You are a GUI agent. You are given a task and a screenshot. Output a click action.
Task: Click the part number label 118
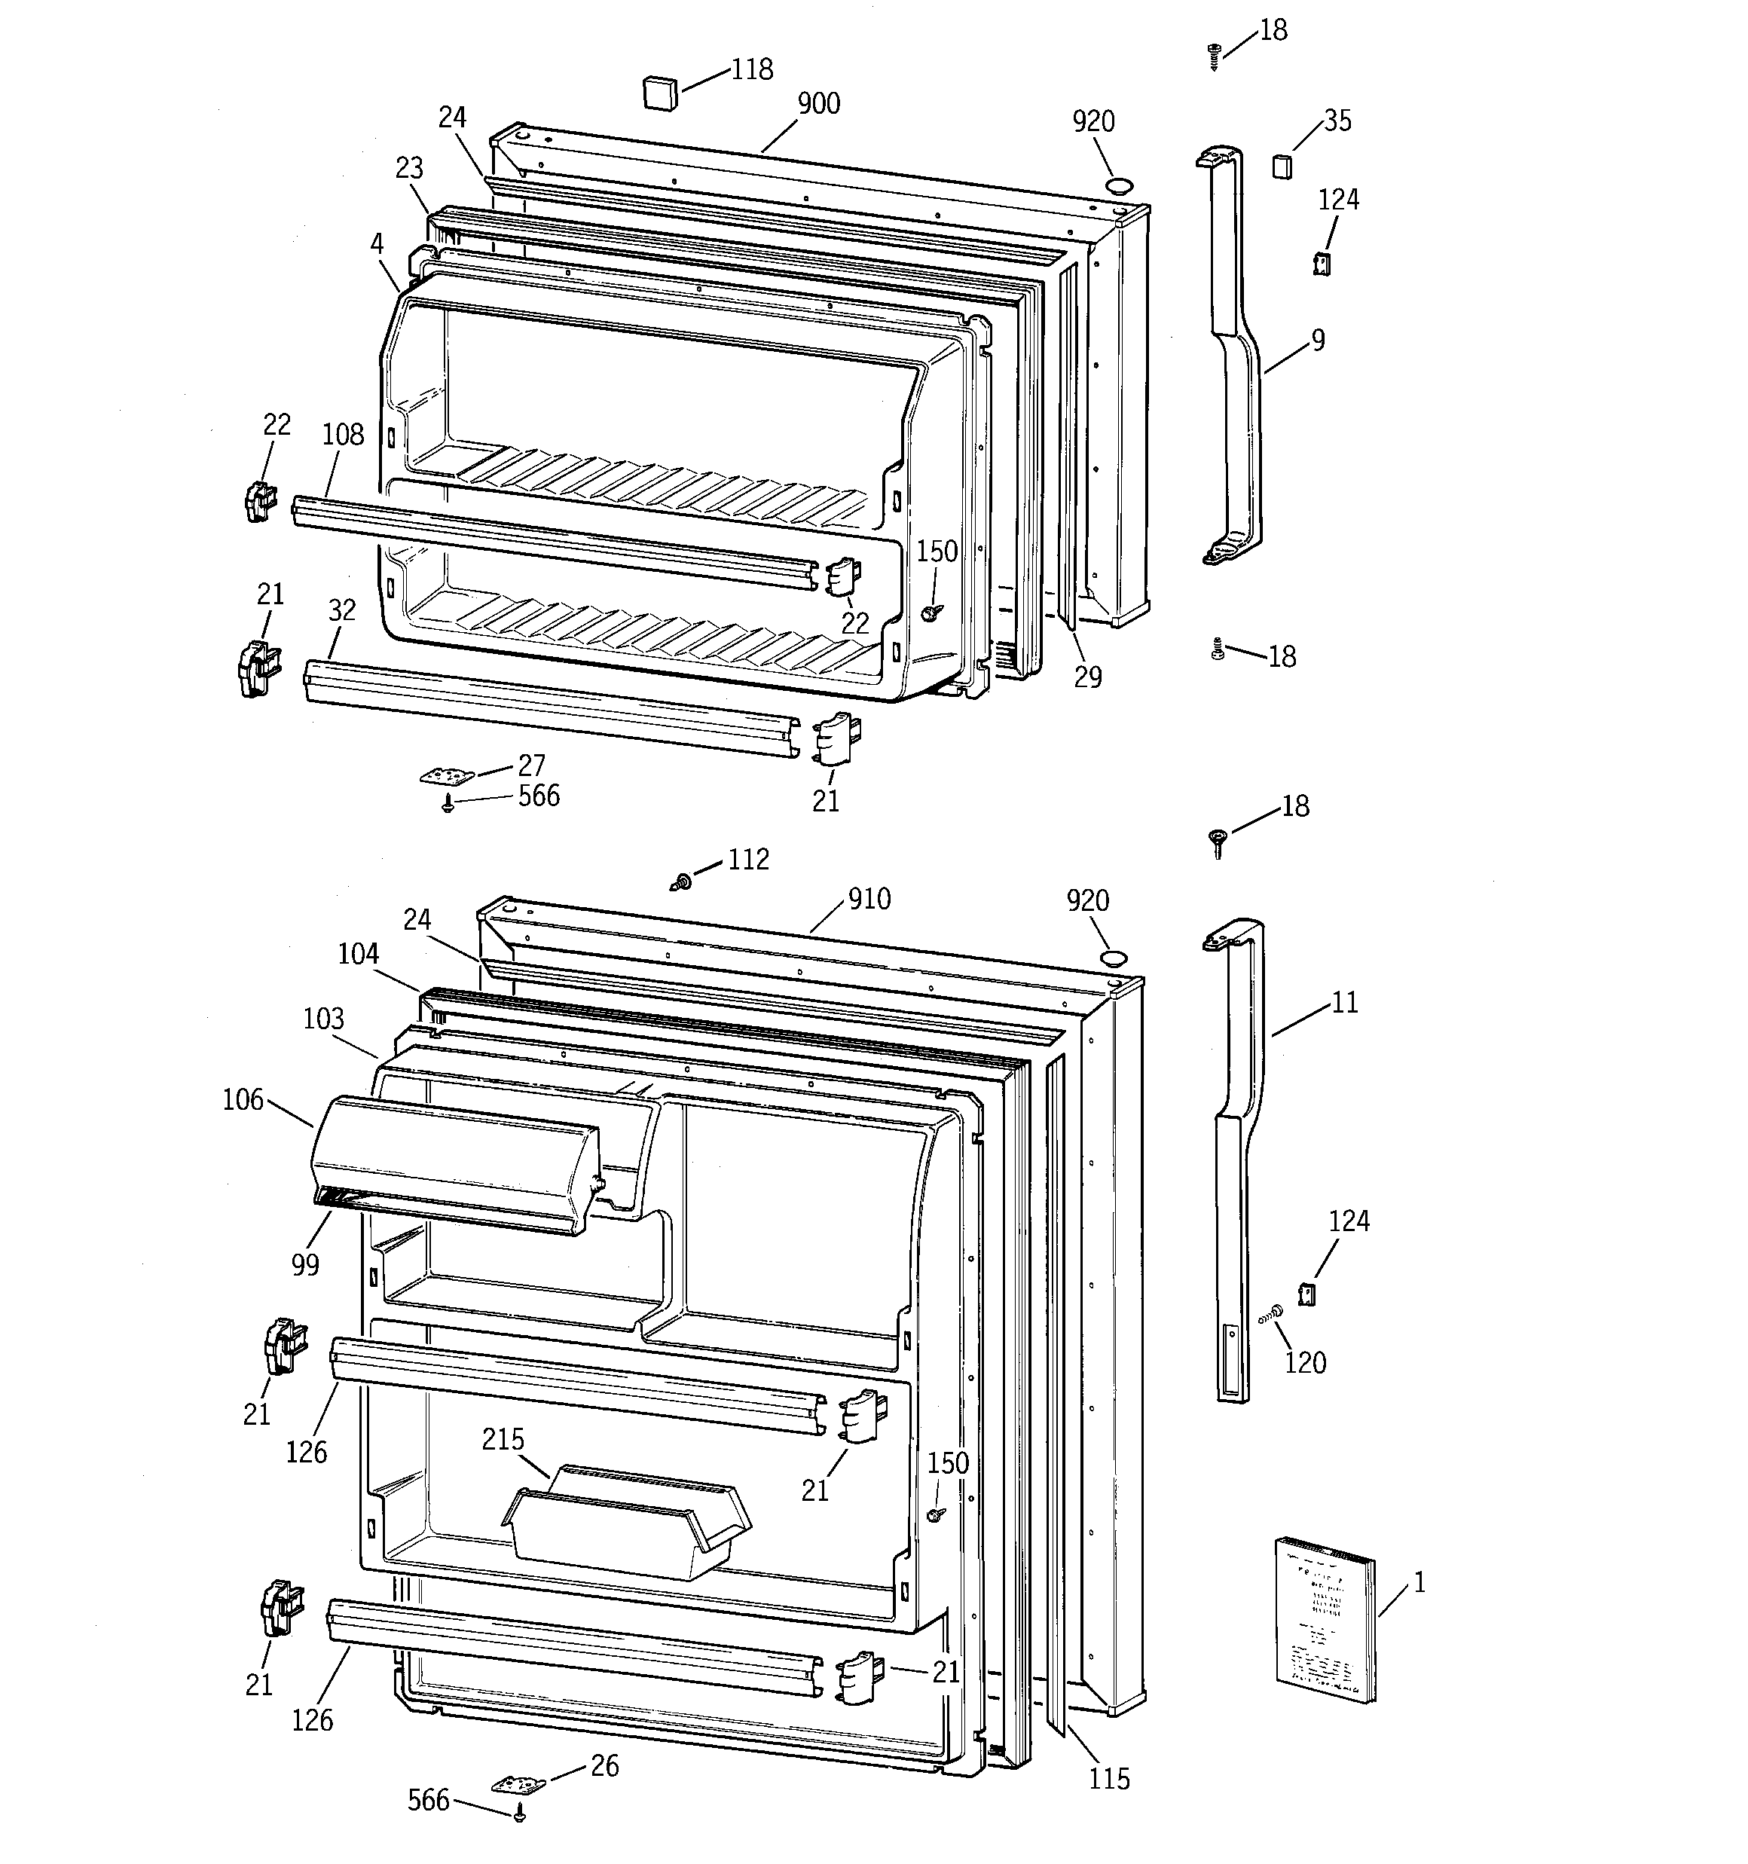[x=752, y=70]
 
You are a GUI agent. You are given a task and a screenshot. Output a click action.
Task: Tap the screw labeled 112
[x=682, y=882]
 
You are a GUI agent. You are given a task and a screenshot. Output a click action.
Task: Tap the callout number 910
[x=869, y=899]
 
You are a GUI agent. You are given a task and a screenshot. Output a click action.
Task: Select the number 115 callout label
[x=1108, y=1779]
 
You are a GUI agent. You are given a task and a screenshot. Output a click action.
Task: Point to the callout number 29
[x=1088, y=677]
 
